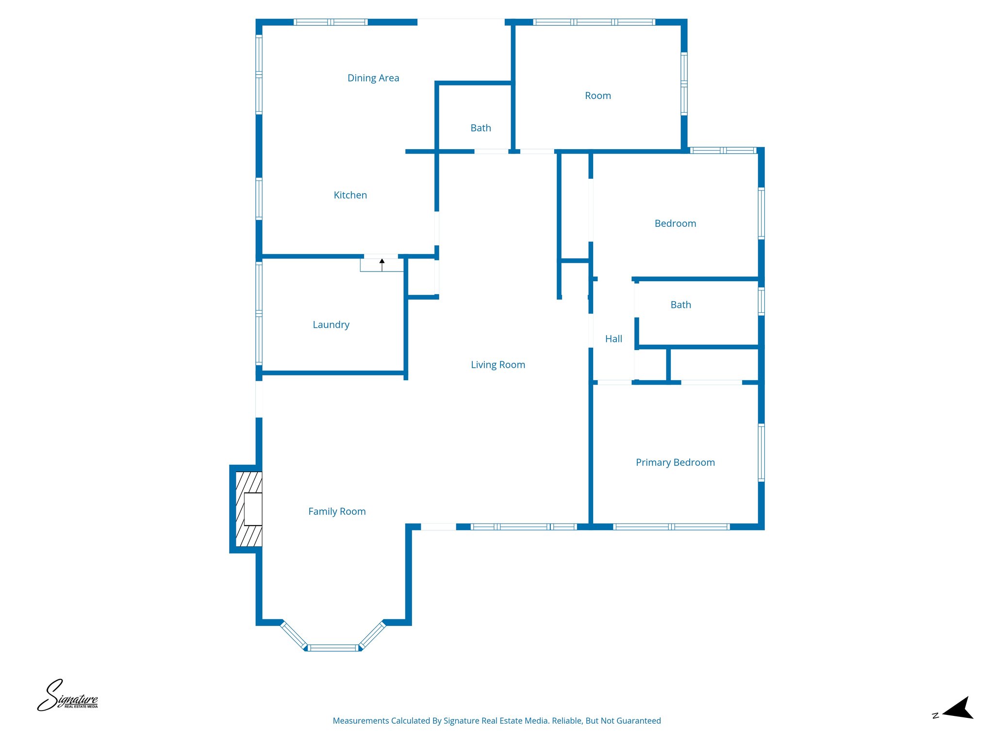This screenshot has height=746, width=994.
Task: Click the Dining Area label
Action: coord(373,78)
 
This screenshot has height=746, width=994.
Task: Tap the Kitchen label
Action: coord(350,195)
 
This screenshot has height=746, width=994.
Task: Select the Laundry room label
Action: coord(331,325)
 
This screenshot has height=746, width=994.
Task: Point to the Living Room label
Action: coord(498,365)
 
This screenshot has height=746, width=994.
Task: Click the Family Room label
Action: coord(337,511)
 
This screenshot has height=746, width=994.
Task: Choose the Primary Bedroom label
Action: coord(675,462)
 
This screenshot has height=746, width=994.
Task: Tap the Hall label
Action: coord(613,339)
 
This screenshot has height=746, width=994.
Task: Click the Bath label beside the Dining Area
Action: coord(480,128)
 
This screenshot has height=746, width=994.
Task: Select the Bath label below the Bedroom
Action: coord(680,305)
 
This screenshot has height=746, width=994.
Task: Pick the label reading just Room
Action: coord(597,96)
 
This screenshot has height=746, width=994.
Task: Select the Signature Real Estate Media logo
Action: coord(68,696)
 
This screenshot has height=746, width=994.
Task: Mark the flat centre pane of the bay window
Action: coord(333,647)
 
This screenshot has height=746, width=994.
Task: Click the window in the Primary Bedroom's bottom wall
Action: coord(671,527)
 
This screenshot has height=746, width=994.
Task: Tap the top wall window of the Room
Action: coord(594,22)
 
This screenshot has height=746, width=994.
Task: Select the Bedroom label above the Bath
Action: coord(675,224)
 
